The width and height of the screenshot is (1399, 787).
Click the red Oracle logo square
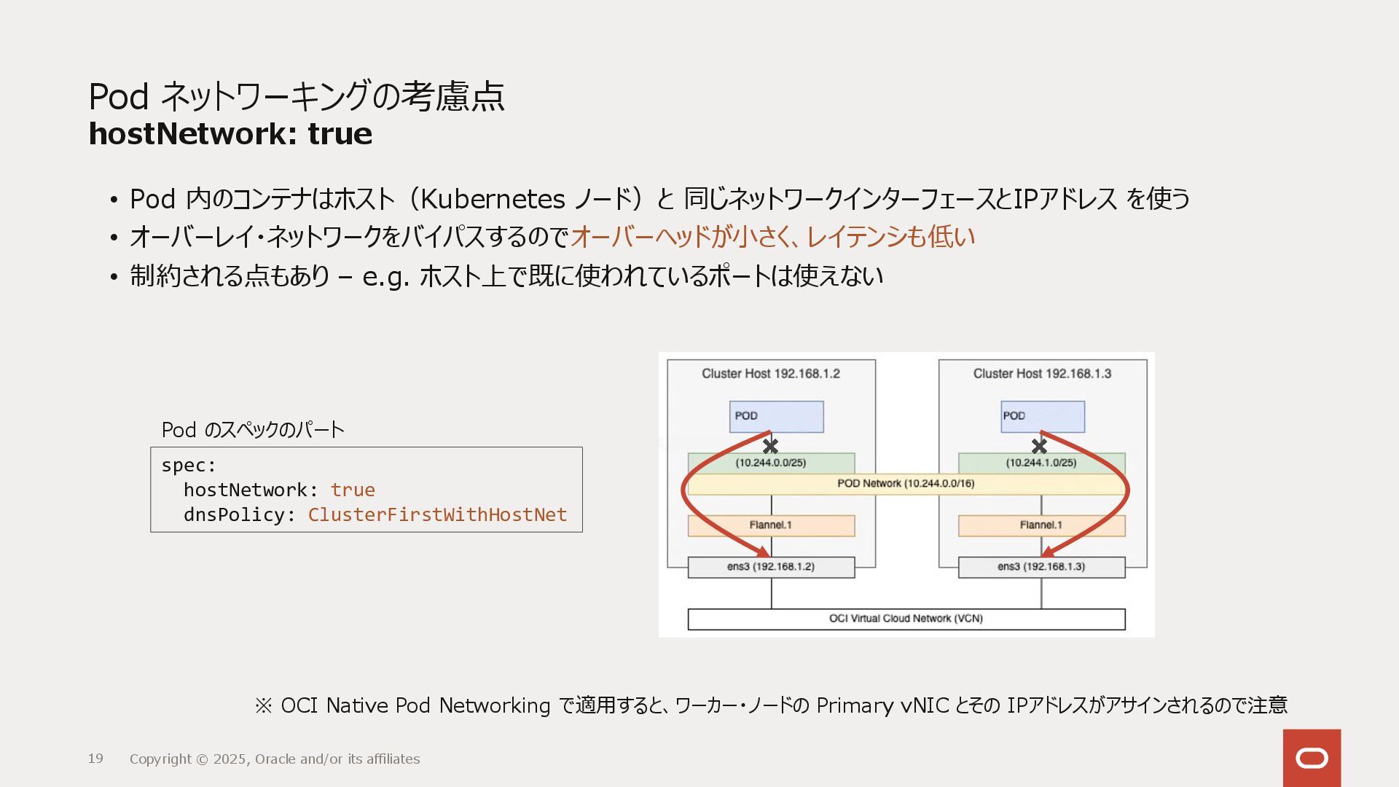click(x=1312, y=758)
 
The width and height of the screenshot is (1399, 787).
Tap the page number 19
click(x=95, y=759)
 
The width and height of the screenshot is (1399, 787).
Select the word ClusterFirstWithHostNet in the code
click(x=437, y=514)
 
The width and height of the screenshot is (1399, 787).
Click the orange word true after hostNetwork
click(x=353, y=490)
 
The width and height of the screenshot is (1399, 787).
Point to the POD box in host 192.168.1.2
click(x=777, y=416)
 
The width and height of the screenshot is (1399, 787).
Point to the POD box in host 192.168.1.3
click(x=1043, y=416)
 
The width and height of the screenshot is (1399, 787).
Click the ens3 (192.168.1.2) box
click(x=771, y=567)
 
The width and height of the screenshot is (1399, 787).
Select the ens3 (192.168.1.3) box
click(x=1041, y=567)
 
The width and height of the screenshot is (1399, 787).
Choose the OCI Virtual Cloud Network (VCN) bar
click(x=906, y=619)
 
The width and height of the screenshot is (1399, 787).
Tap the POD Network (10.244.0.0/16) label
click(x=906, y=484)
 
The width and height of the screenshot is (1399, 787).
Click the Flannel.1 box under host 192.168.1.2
click(x=771, y=525)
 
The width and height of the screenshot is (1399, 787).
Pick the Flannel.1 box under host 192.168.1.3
click(x=1041, y=525)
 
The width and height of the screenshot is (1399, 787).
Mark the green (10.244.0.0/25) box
click(x=771, y=463)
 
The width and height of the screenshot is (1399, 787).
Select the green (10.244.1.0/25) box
click(x=1041, y=463)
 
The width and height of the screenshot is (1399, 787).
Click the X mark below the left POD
click(x=770, y=445)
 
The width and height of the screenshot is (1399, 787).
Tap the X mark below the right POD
click(x=1040, y=445)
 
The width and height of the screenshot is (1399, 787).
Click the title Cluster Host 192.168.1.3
click(x=1042, y=374)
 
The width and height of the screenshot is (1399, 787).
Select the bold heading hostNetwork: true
click(x=230, y=134)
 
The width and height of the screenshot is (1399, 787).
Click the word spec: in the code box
click(x=189, y=465)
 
